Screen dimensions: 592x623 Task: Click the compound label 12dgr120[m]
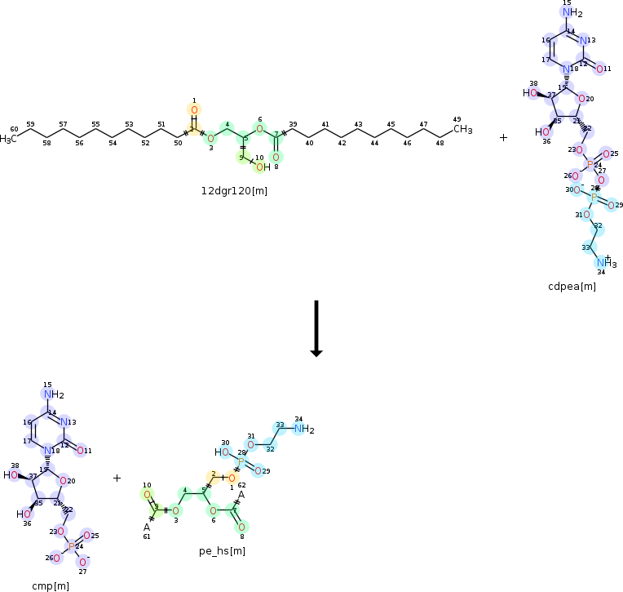click(x=234, y=191)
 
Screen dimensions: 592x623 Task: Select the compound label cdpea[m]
click(x=572, y=286)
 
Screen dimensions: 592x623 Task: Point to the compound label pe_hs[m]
click(x=223, y=551)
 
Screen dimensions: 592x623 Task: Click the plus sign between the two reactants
click(x=503, y=137)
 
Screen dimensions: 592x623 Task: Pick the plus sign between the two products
click(x=117, y=478)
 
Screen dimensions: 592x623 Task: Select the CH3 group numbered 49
click(x=462, y=129)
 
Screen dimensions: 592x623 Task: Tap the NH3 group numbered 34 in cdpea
click(x=605, y=263)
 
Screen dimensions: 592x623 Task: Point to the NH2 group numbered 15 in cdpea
click(x=573, y=13)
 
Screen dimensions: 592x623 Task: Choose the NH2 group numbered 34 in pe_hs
click(x=303, y=429)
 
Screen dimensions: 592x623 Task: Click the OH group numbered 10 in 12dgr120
click(x=260, y=167)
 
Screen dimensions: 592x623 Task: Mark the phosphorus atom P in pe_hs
click(x=241, y=461)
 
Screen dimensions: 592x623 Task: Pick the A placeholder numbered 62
click(x=241, y=494)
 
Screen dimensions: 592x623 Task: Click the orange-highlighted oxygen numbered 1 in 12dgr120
click(x=194, y=110)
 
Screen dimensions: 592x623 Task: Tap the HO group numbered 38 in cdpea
click(x=531, y=93)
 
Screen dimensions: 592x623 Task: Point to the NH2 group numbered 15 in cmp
click(x=53, y=395)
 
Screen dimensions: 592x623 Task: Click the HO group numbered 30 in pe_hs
click(x=222, y=452)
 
